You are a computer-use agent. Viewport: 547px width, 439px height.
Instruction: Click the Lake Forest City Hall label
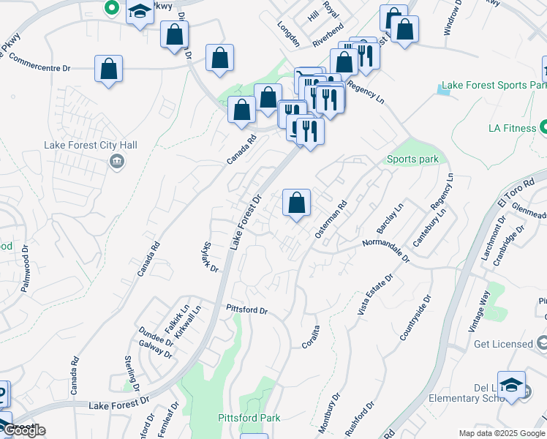tap(91, 146)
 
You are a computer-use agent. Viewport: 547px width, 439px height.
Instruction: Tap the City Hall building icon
tap(116, 161)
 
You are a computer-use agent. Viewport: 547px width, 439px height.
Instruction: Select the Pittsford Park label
tap(249, 418)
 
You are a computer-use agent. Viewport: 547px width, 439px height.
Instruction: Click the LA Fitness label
tap(512, 129)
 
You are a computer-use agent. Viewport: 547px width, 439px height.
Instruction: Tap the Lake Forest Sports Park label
tap(497, 86)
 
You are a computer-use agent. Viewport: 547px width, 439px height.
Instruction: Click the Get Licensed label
tap(503, 344)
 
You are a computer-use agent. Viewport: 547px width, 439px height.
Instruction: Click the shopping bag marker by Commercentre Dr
tap(108, 70)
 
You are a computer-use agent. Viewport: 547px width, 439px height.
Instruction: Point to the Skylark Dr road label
tap(209, 258)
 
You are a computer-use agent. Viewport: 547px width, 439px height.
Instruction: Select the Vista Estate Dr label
tap(380, 293)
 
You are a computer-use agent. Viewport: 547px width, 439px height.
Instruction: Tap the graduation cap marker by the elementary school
tap(512, 385)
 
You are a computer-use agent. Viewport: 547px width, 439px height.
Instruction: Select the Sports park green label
tap(413, 160)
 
